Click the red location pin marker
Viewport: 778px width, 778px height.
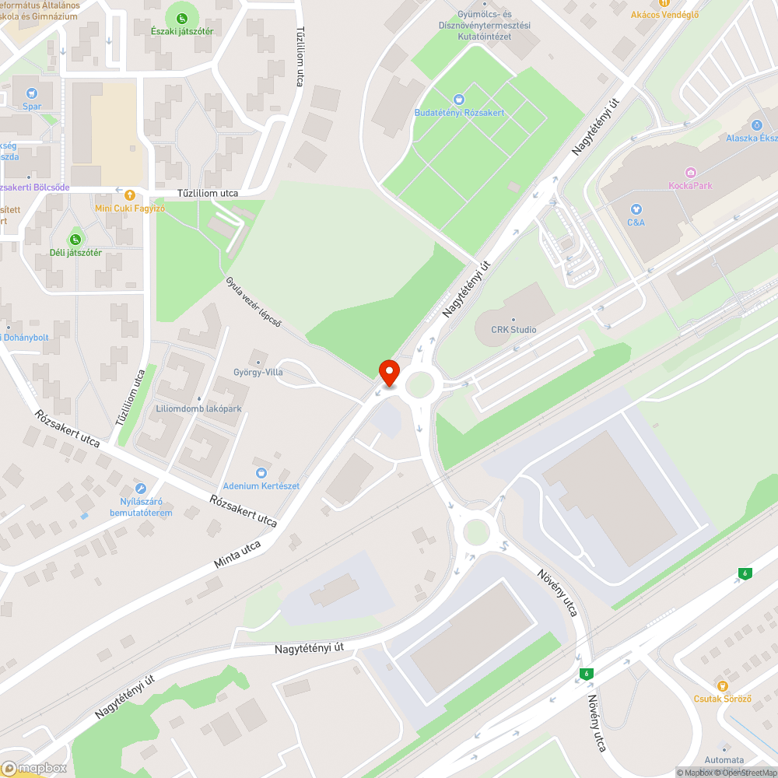[388, 371]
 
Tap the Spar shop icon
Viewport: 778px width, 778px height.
[32, 93]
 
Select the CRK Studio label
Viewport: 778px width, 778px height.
[513, 329]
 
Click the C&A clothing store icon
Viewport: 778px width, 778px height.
[636, 209]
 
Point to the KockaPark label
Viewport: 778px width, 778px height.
[690, 185]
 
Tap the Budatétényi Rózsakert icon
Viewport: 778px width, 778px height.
[459, 99]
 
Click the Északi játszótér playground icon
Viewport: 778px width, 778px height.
[181, 17]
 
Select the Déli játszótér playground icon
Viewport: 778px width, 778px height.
[75, 239]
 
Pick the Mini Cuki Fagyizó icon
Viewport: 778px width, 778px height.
[129, 194]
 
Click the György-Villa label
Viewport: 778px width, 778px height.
[258, 372]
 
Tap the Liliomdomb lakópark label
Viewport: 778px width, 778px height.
[198, 408]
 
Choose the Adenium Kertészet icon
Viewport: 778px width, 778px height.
[261, 472]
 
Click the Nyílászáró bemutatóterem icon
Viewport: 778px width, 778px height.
[141, 489]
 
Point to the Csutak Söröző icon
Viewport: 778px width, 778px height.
[723, 685]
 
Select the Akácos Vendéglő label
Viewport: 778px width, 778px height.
[664, 15]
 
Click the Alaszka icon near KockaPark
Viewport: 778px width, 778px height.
[756, 124]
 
